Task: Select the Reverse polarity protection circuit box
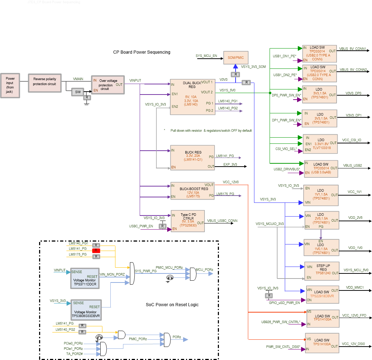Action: (45, 82)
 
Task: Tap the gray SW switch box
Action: (77, 92)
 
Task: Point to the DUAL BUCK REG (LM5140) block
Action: (192, 97)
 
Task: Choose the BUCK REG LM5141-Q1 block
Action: (192, 157)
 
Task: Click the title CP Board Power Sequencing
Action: (142, 52)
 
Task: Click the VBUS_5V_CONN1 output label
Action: (353, 49)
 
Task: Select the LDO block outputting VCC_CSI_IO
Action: (320, 144)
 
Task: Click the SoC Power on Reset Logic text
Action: (169, 305)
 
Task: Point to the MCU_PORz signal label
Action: (204, 270)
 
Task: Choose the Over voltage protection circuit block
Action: (108, 85)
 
